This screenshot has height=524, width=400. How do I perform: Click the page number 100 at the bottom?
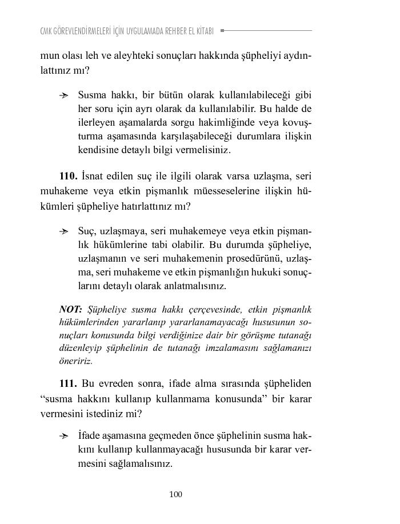coord(176,494)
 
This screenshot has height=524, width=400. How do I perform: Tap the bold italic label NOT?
coord(71,309)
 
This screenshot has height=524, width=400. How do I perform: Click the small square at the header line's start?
coord(222,30)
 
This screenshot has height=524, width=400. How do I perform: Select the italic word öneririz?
coord(76,361)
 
